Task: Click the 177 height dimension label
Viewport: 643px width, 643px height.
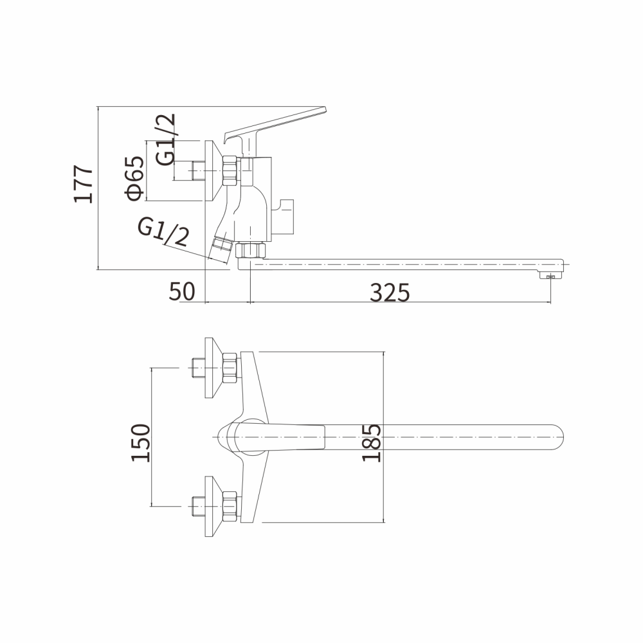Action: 84,184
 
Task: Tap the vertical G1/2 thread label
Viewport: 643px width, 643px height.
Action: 165,140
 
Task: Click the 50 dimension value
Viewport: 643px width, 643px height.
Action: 182,292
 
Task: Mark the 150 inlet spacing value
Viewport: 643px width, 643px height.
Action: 140,442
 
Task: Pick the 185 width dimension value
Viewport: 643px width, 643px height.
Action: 372,442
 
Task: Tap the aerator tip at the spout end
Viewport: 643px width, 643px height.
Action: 548,276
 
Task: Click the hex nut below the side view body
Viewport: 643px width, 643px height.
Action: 251,250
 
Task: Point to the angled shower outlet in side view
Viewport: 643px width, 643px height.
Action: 222,248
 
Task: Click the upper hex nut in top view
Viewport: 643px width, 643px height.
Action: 230,368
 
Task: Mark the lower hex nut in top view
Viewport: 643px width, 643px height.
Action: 230,507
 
